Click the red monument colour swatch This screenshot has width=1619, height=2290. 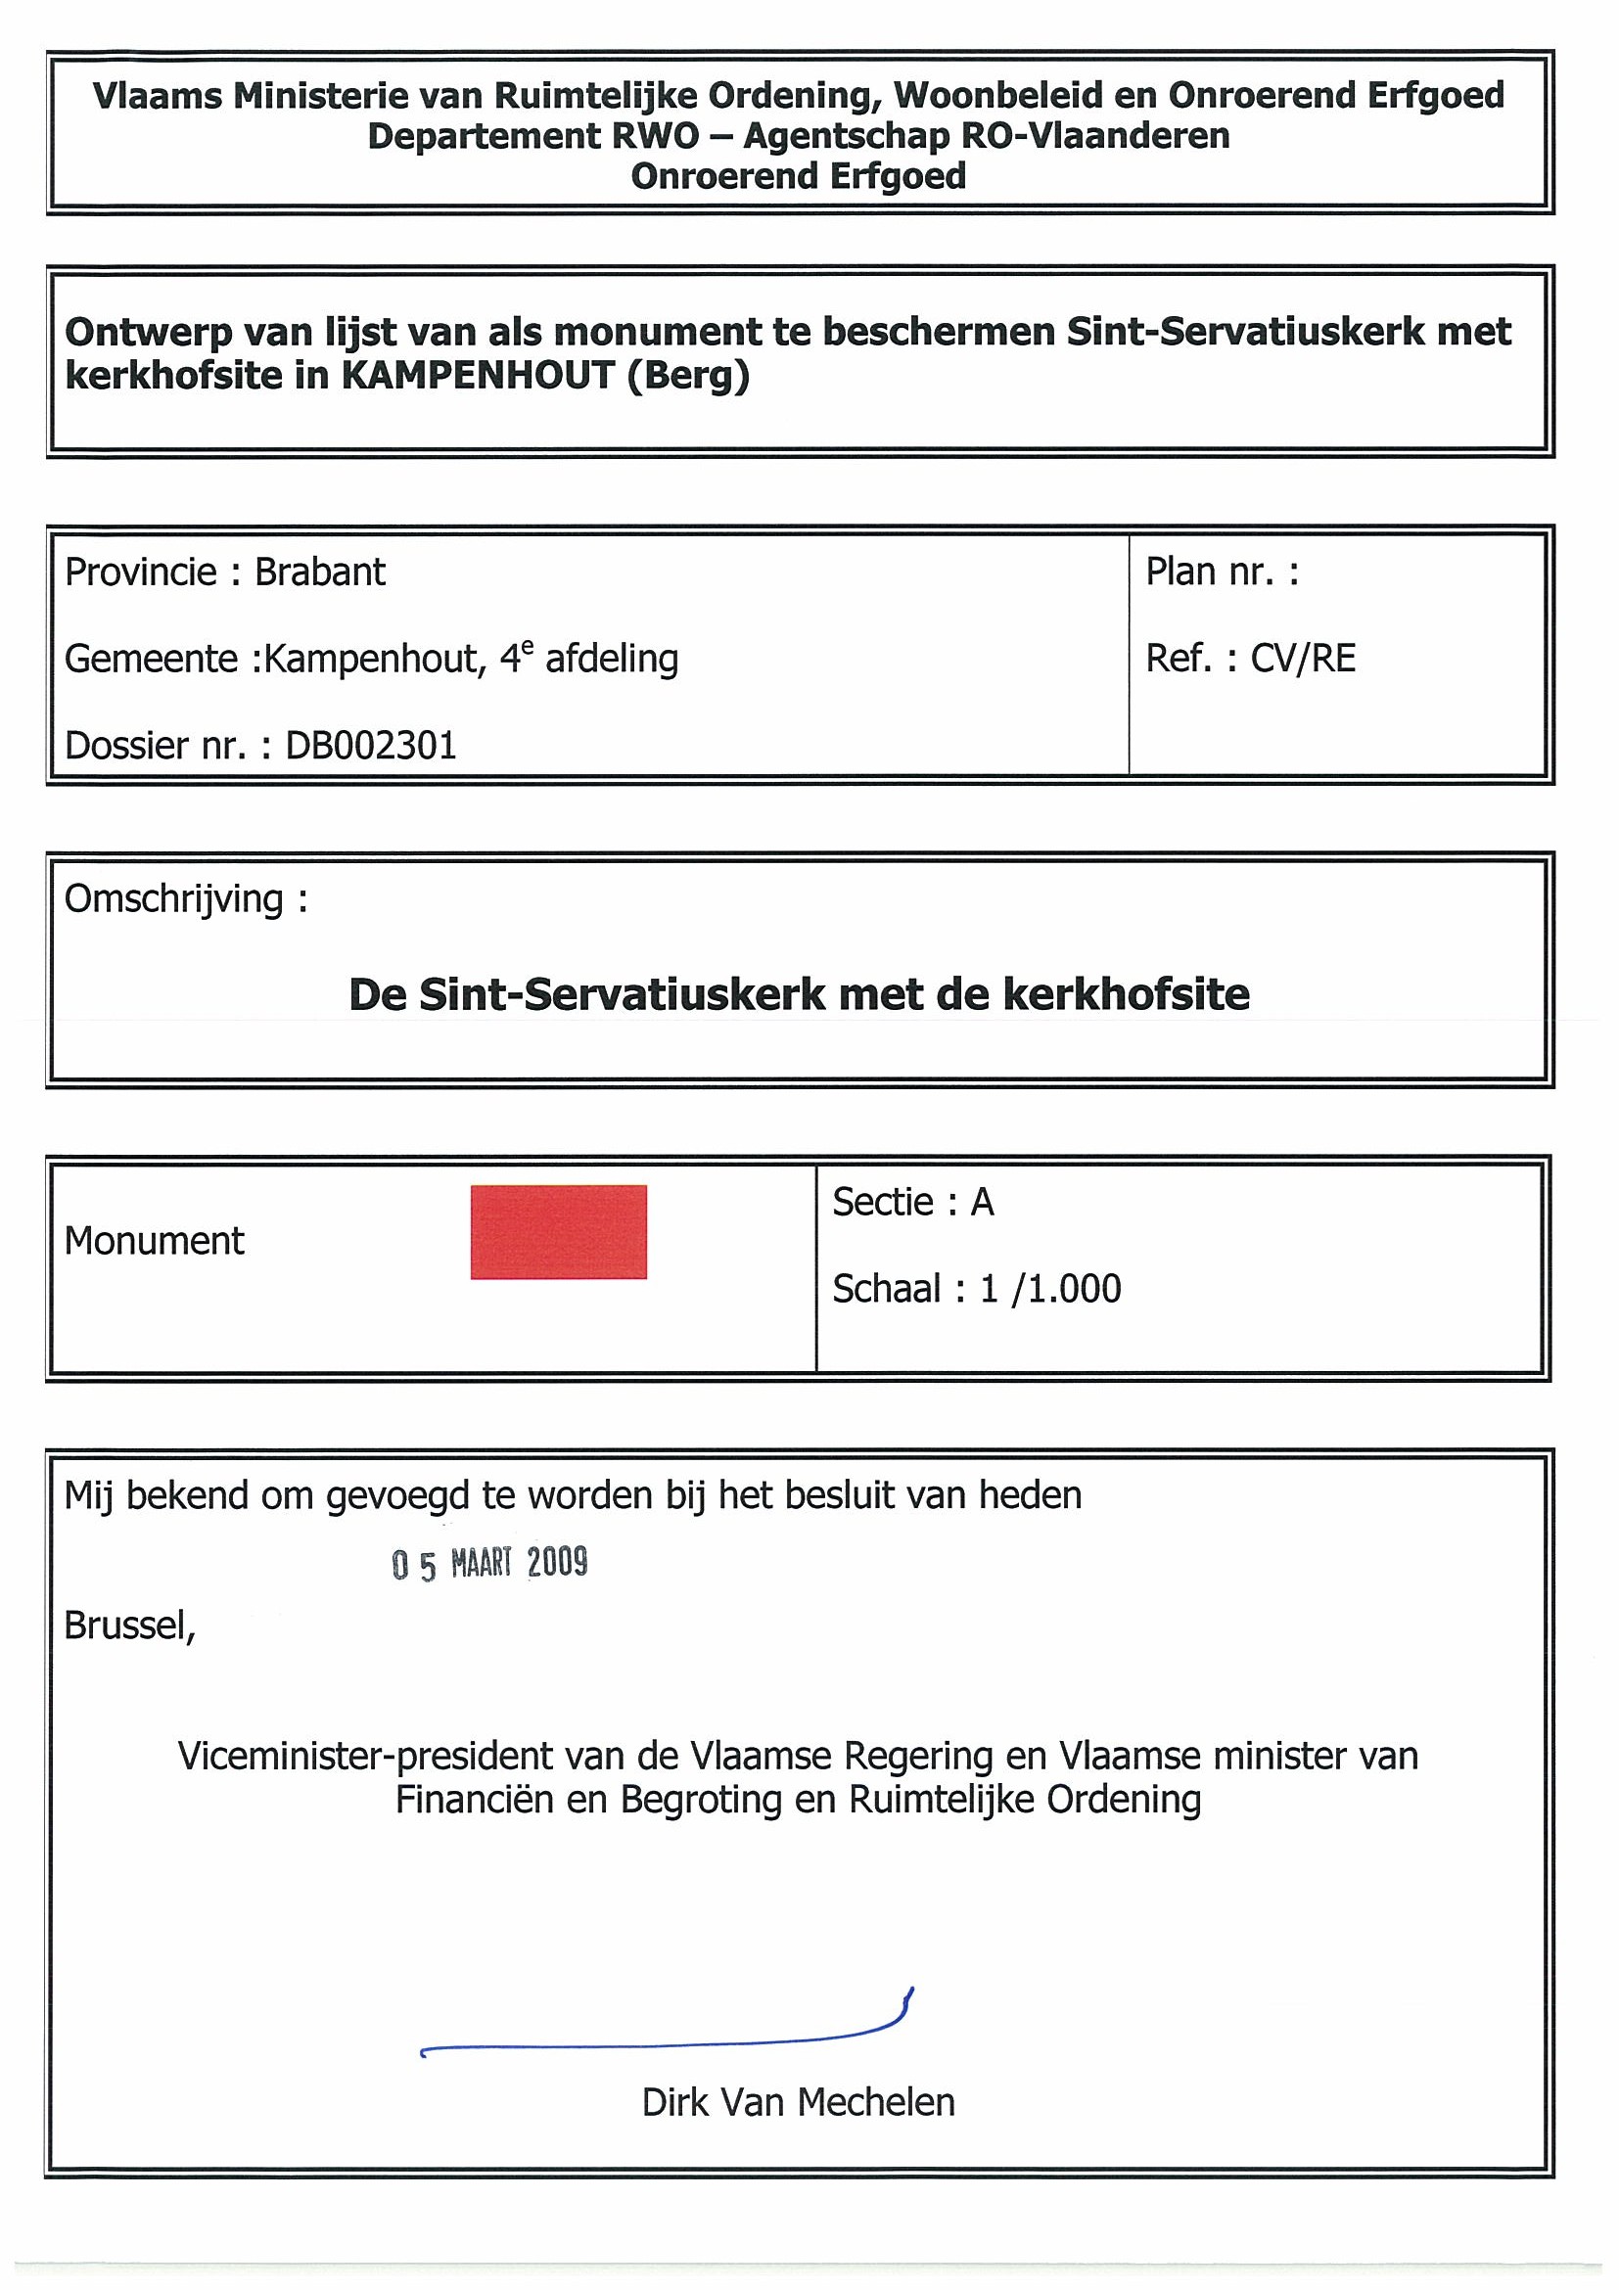pyautogui.click(x=559, y=1232)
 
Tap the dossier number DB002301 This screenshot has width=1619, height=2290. pyautogui.click(x=371, y=746)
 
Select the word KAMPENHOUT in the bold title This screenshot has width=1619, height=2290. pyautogui.click(x=478, y=376)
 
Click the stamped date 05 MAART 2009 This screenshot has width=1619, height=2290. pyautogui.click(x=489, y=1563)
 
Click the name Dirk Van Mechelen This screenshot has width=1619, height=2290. pyautogui.click(x=798, y=2102)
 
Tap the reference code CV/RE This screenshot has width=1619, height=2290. pyautogui.click(x=1303, y=659)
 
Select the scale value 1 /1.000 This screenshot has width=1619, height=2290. pyautogui.click(x=1050, y=1289)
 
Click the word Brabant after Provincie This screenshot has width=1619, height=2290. pyautogui.click(x=319, y=572)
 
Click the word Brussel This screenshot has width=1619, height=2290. pyautogui.click(x=128, y=1626)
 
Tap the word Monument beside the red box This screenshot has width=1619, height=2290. pyautogui.click(x=155, y=1241)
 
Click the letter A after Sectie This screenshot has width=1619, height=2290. pyautogui.click(x=983, y=1203)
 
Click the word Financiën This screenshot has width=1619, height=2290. pyautogui.click(x=475, y=1800)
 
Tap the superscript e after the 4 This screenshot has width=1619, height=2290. pyautogui.click(x=528, y=648)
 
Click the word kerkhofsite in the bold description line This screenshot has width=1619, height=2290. pyautogui.click(x=1127, y=994)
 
